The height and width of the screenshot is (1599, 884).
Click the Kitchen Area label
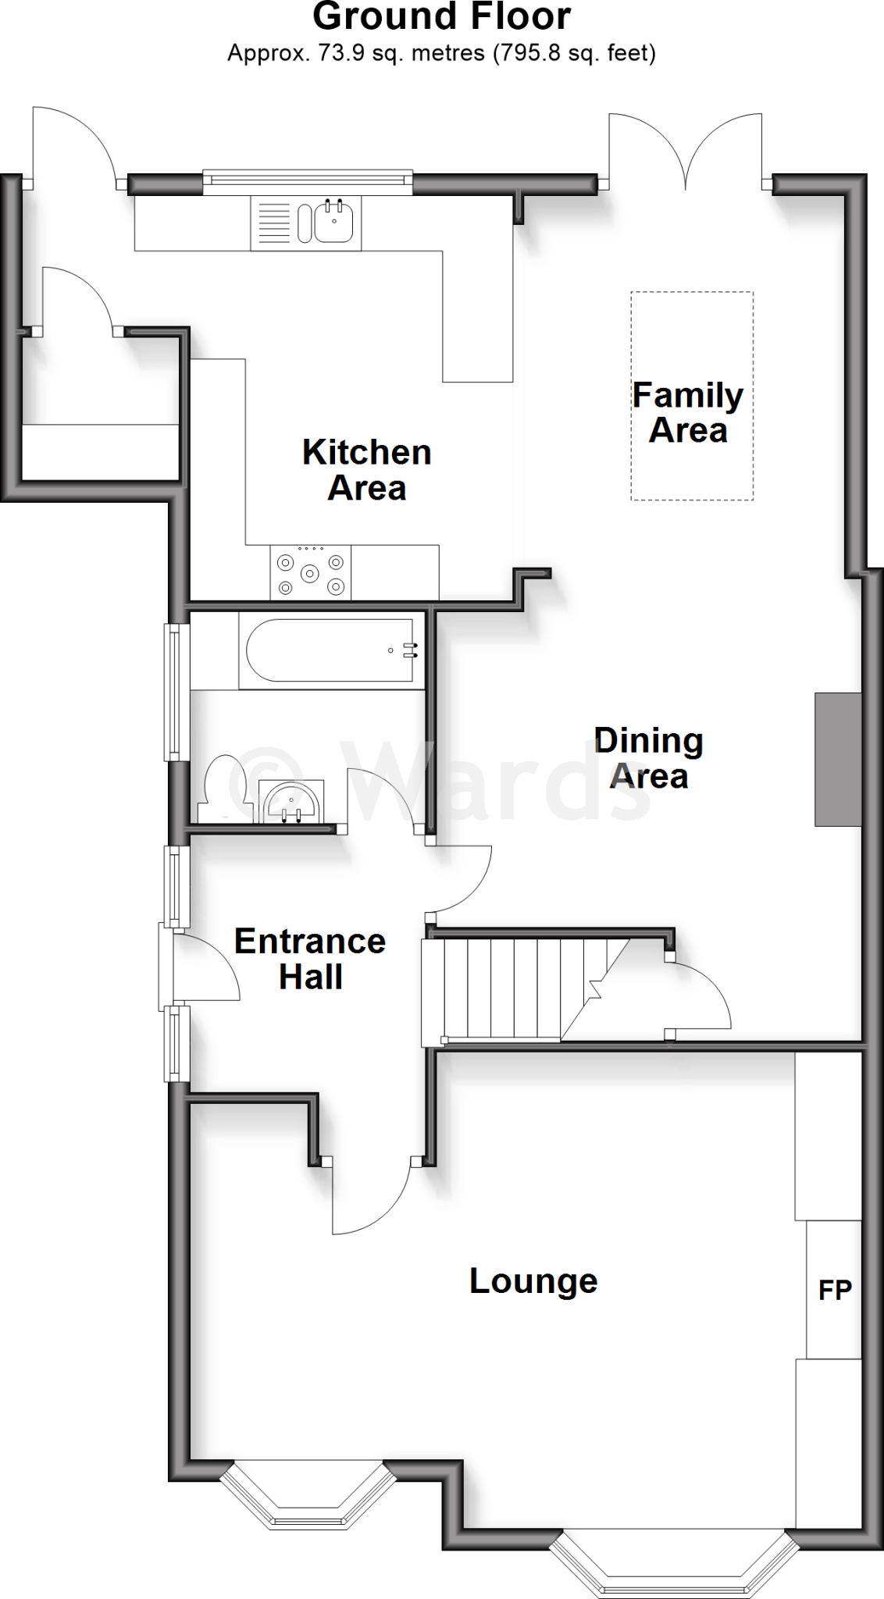tap(366, 470)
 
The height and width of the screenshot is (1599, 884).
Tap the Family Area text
tap(687, 412)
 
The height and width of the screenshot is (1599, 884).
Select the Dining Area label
tap(648, 758)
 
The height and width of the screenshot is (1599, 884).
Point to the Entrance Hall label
tap(310, 959)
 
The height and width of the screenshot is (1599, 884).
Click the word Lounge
tap(533, 1281)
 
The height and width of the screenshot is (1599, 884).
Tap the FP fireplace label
tap(834, 1290)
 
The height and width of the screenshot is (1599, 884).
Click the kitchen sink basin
tap(335, 221)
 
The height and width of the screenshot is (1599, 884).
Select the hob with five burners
tap(311, 573)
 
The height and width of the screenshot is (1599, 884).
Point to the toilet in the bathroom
tap(226, 789)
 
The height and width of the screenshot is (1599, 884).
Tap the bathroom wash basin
tap(291, 800)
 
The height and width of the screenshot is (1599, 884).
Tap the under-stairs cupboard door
tap(699, 995)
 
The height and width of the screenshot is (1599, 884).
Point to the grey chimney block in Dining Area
tap(837, 759)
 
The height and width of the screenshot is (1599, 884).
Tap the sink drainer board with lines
tap(273, 222)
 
